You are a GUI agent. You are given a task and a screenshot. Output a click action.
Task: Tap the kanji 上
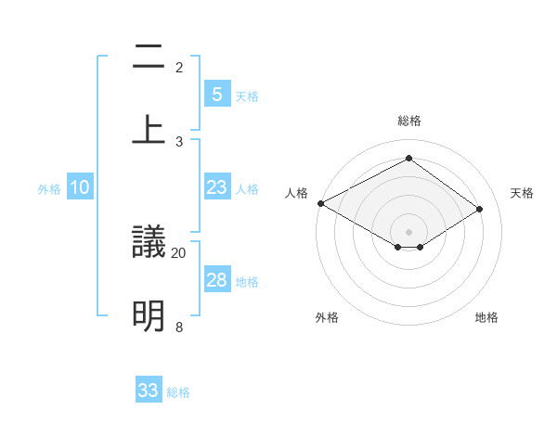click(x=149, y=130)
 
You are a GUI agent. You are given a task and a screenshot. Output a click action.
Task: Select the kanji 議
click(x=149, y=243)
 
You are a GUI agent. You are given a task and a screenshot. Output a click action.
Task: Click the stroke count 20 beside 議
click(x=179, y=252)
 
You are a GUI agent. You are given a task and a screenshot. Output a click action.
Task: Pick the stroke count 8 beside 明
click(x=179, y=327)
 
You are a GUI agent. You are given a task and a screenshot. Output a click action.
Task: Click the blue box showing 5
click(x=216, y=94)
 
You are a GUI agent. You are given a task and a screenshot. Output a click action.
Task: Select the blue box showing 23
click(x=216, y=187)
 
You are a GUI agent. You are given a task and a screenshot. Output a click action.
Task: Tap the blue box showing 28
click(x=216, y=280)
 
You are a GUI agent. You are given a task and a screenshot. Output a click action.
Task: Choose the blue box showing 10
click(x=80, y=187)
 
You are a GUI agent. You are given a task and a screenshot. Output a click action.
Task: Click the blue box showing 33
click(x=149, y=391)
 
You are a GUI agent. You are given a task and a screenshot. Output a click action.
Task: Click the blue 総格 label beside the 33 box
click(x=179, y=392)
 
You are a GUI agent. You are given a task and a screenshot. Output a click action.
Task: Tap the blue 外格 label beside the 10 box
click(x=49, y=189)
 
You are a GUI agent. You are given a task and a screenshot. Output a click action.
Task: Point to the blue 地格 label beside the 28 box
click(x=247, y=282)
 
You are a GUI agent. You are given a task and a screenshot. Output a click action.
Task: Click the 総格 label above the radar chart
click(x=408, y=121)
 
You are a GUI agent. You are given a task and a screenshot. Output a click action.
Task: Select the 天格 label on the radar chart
click(x=522, y=193)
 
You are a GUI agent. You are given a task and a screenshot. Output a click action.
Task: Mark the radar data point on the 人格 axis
click(x=320, y=203)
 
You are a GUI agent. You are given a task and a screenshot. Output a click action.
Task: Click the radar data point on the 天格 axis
click(x=479, y=210)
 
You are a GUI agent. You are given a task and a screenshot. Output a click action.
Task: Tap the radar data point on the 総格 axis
click(x=408, y=159)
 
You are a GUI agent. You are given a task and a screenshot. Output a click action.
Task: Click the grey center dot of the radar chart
click(x=408, y=231)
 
